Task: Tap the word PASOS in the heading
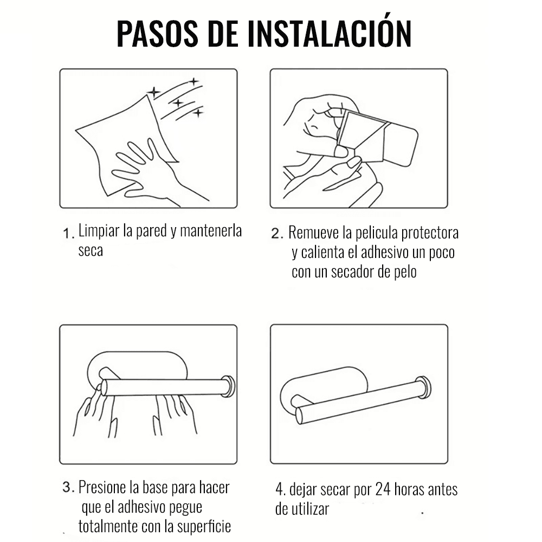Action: click(157, 33)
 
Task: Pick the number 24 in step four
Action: click(383, 489)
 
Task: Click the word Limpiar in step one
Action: click(99, 230)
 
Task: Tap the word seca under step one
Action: click(91, 250)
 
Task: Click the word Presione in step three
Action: click(102, 487)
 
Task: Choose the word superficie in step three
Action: click(204, 526)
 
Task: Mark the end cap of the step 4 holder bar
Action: click(424, 387)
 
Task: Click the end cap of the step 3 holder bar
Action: click(229, 386)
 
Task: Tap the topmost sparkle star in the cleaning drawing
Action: click(194, 82)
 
